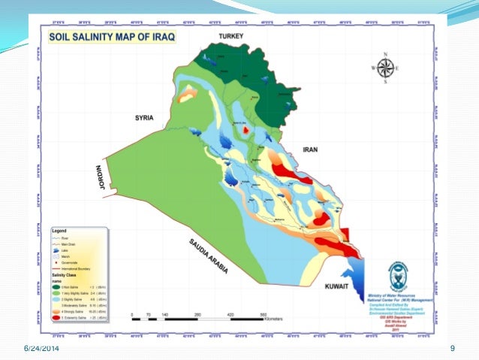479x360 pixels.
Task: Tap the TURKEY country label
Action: [x=232, y=36]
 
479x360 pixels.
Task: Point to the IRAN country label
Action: [x=310, y=150]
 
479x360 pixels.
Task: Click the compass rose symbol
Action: [x=385, y=68]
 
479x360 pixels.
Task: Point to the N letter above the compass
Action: [x=385, y=54]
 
